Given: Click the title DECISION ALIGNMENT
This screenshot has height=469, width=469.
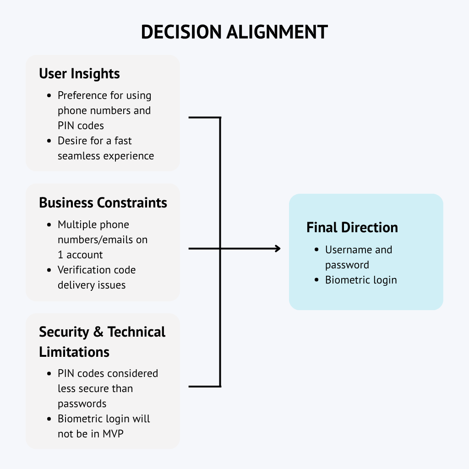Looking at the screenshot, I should pyautogui.click(x=234, y=32).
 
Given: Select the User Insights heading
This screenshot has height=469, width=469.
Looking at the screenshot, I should pyautogui.click(x=79, y=74).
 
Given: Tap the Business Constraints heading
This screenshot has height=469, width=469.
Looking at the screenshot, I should pyautogui.click(x=103, y=203).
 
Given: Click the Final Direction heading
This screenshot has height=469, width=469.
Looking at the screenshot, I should pyautogui.click(x=352, y=228).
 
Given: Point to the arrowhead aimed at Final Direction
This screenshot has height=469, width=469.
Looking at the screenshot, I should pyautogui.click(x=277, y=249).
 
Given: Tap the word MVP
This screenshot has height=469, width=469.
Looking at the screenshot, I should pyautogui.click(x=113, y=434).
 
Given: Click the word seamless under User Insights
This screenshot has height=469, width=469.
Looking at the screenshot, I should pyautogui.click(x=79, y=156).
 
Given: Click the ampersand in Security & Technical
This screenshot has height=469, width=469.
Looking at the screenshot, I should pyautogui.click(x=98, y=332).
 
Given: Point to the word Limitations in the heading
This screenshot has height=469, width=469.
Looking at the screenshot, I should pyautogui.click(x=74, y=352).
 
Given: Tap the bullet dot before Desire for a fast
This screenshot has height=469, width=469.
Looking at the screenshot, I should pyautogui.click(x=49, y=141).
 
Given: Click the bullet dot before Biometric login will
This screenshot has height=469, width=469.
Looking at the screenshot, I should pyautogui.click(x=49, y=419).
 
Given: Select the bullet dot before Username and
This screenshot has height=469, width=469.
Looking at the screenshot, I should pyautogui.click(x=316, y=250).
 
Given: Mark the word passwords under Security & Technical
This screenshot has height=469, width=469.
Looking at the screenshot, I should pyautogui.click(x=82, y=404).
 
